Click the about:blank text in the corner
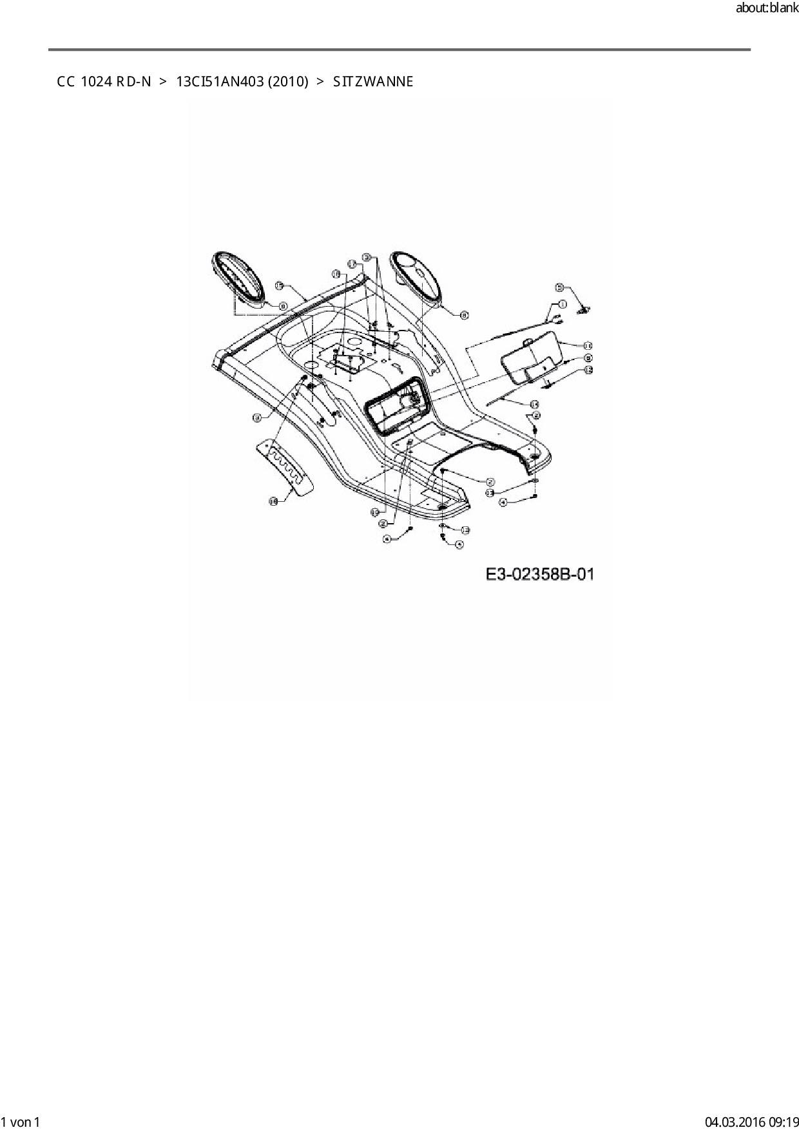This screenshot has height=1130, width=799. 767,9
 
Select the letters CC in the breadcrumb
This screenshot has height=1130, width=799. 65,82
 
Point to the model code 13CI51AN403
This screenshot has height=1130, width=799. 218,82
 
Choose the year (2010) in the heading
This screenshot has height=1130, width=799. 287,82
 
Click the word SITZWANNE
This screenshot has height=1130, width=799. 373,82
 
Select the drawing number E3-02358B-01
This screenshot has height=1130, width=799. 540,574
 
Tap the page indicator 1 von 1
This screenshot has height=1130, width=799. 21,1122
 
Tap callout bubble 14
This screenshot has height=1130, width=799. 534,404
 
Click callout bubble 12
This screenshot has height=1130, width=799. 588,370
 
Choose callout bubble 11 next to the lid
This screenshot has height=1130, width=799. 588,346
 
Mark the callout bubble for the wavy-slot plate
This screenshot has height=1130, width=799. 273,501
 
